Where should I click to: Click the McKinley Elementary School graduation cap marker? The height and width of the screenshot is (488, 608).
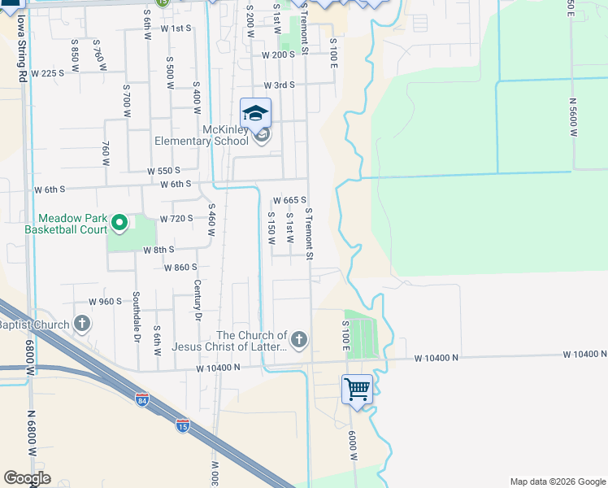point(255,113)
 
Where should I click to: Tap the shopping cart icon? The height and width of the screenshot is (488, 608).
point(357,390)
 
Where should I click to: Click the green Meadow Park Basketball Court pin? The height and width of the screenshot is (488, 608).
point(119,221)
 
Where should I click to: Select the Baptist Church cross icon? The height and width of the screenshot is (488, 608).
point(82,325)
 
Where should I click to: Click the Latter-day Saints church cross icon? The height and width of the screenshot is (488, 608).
point(299,339)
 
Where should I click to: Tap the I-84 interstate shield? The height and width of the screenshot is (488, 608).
point(141,399)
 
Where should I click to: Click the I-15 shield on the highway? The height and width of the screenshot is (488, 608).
point(183,425)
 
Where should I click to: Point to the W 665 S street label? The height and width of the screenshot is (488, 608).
point(289,200)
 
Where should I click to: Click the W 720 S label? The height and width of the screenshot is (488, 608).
point(176,219)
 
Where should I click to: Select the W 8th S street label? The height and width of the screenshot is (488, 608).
point(159,250)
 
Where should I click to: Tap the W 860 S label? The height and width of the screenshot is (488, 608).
point(180,268)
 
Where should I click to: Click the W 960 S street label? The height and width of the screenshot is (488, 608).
point(105,301)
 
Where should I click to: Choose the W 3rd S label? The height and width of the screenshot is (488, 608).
point(279,85)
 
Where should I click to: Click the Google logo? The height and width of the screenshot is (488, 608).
point(27,478)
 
